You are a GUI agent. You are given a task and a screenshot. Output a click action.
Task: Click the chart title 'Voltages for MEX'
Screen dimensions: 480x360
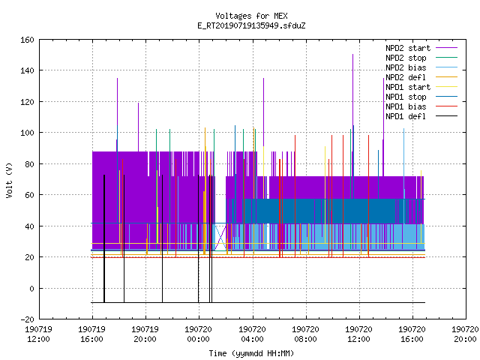[x=251, y=16]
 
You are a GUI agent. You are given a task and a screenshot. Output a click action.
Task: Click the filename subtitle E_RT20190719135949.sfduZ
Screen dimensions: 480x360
[x=251, y=25]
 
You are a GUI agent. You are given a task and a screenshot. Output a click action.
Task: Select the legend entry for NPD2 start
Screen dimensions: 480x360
[x=408, y=48]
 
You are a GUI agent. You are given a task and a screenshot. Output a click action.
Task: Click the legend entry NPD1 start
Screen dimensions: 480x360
[x=408, y=87]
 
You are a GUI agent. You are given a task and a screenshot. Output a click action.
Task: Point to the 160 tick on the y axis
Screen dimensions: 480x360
[x=27, y=40]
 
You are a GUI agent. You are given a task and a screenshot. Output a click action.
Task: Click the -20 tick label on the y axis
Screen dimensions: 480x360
[x=27, y=319]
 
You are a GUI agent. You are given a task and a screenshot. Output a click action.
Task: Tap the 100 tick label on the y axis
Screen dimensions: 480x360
[x=27, y=133]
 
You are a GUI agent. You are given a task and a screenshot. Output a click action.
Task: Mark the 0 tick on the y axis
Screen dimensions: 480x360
[x=31, y=288]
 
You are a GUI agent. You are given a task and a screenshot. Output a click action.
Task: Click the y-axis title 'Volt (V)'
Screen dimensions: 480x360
[x=9, y=180]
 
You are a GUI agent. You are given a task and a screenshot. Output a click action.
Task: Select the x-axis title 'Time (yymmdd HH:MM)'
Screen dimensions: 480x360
[x=251, y=353]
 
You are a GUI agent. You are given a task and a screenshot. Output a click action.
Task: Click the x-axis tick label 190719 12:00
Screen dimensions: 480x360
[x=38, y=334]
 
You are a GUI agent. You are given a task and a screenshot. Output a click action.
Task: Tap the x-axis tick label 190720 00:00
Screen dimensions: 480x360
[x=198, y=334]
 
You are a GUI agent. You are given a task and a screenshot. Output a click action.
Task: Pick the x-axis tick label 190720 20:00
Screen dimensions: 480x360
[x=465, y=334]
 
